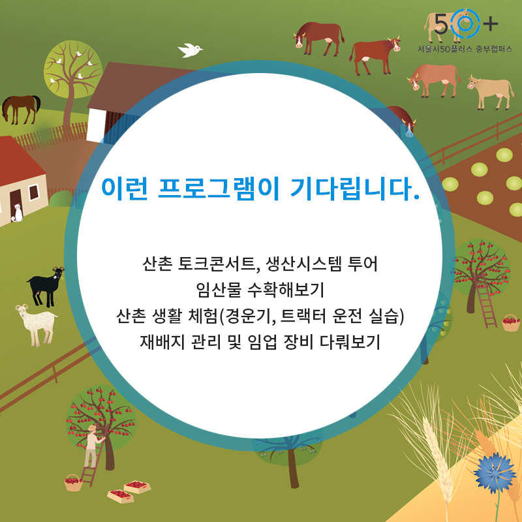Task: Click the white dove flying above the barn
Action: point(190,50)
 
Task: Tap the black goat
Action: point(46,286)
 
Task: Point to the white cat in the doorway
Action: point(18,213)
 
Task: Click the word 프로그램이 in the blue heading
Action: point(219,189)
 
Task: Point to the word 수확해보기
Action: point(286,290)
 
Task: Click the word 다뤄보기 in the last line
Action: point(350,341)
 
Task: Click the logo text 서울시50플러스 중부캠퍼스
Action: point(465,50)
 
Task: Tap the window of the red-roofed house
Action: point(34,192)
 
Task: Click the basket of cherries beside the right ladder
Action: point(511,322)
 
